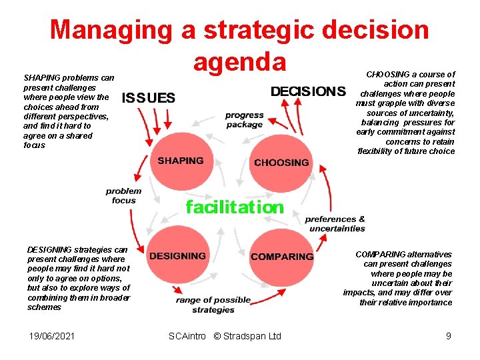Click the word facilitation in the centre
click(x=235, y=207)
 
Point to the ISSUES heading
click(x=149, y=98)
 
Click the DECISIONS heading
click(x=308, y=91)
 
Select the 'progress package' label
click(x=244, y=120)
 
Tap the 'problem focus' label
click(x=124, y=195)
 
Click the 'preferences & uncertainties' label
click(x=335, y=224)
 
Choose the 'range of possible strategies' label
click(x=213, y=305)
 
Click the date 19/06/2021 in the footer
click(x=52, y=336)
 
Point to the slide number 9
click(x=449, y=336)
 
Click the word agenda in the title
click(x=239, y=61)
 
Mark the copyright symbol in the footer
click(x=217, y=336)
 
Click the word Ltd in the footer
click(x=274, y=336)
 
